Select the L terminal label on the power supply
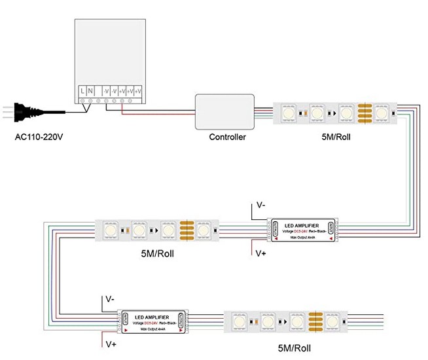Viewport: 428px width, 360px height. click(x=82, y=89)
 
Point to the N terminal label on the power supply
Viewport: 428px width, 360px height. click(x=90, y=89)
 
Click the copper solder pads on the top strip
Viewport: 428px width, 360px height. click(x=365, y=113)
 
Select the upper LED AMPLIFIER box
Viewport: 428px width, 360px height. click(x=302, y=228)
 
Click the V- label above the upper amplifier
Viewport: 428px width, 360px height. click(x=260, y=205)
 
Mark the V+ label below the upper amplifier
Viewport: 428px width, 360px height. click(x=260, y=253)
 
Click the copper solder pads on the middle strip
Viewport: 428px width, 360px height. click(x=187, y=230)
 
